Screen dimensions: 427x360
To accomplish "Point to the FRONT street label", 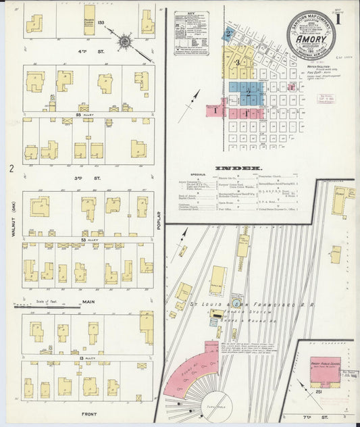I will click(88, 413).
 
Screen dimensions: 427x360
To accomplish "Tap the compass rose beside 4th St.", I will click(124, 42).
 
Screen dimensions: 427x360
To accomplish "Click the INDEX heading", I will click(228, 168).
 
